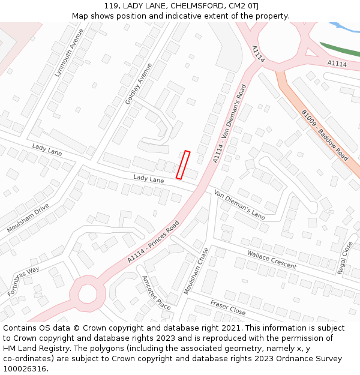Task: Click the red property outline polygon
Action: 183,164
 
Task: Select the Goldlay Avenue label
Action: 139,83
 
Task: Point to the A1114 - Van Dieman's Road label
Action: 230,124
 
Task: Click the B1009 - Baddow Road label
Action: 324,136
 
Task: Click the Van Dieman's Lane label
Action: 239,204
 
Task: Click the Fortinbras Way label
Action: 23,281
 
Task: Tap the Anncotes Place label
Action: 156,292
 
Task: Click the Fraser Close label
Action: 228,308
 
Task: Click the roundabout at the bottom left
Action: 88,294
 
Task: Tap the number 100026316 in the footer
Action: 25,368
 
